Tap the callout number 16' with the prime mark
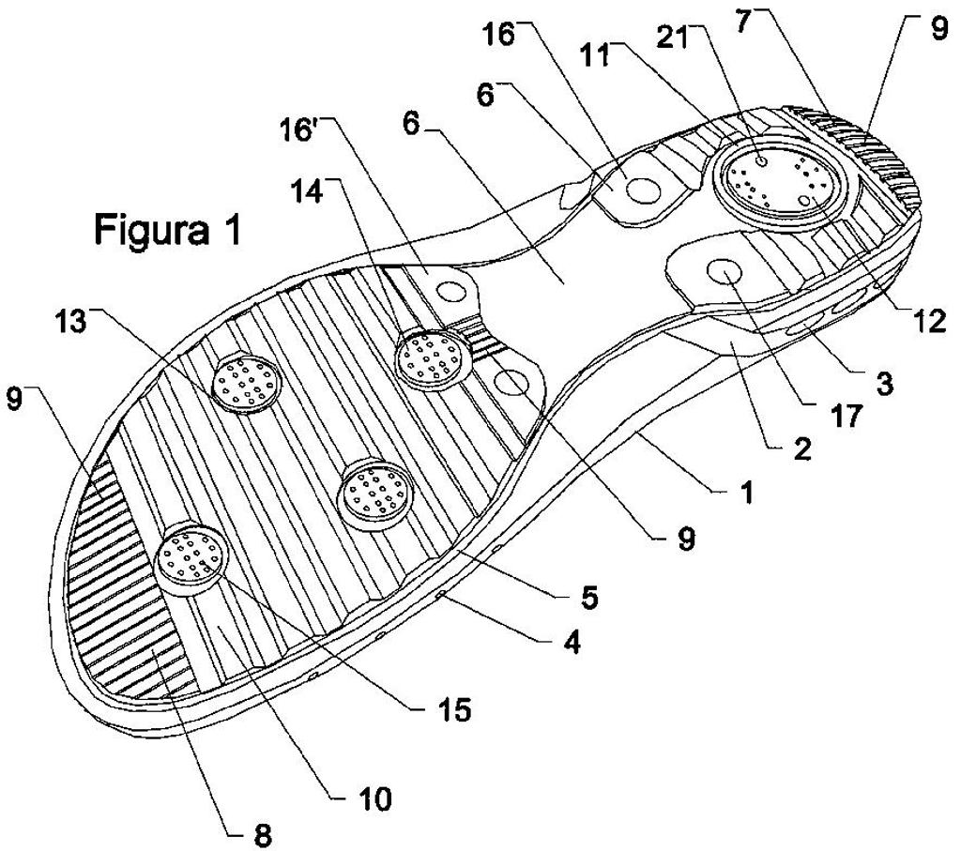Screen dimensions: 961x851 [x=297, y=130]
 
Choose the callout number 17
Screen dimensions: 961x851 [x=847, y=417]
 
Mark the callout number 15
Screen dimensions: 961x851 [x=454, y=709]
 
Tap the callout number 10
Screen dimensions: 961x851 [x=374, y=798]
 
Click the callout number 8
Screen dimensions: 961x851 [x=262, y=836]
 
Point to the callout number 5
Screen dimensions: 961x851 [x=589, y=598]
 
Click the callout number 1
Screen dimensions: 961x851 [x=746, y=491]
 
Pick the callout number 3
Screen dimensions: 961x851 [x=884, y=384]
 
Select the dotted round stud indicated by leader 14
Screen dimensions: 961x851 [x=432, y=358]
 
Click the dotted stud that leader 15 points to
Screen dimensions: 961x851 [x=189, y=556]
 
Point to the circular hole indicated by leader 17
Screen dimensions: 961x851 [x=725, y=270]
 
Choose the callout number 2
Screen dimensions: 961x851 [x=801, y=448]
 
